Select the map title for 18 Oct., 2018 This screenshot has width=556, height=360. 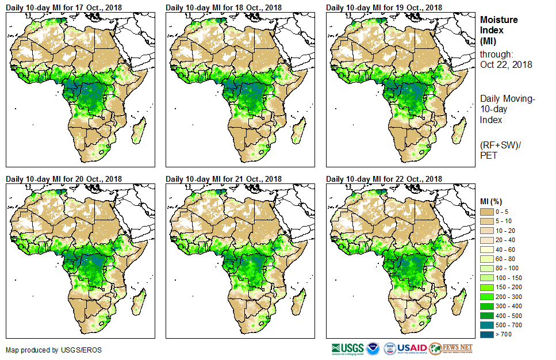point(224,7)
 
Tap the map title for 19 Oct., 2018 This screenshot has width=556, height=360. point(384,7)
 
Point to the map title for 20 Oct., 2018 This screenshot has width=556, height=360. point(64,179)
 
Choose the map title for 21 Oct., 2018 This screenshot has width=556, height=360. point(224,179)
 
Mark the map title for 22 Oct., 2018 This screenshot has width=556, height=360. point(384,179)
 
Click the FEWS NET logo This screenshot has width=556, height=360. point(451,348)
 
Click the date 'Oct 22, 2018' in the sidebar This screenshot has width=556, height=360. point(506,64)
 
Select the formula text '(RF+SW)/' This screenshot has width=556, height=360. point(499,144)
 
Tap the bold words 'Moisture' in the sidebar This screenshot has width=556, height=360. point(499,20)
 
